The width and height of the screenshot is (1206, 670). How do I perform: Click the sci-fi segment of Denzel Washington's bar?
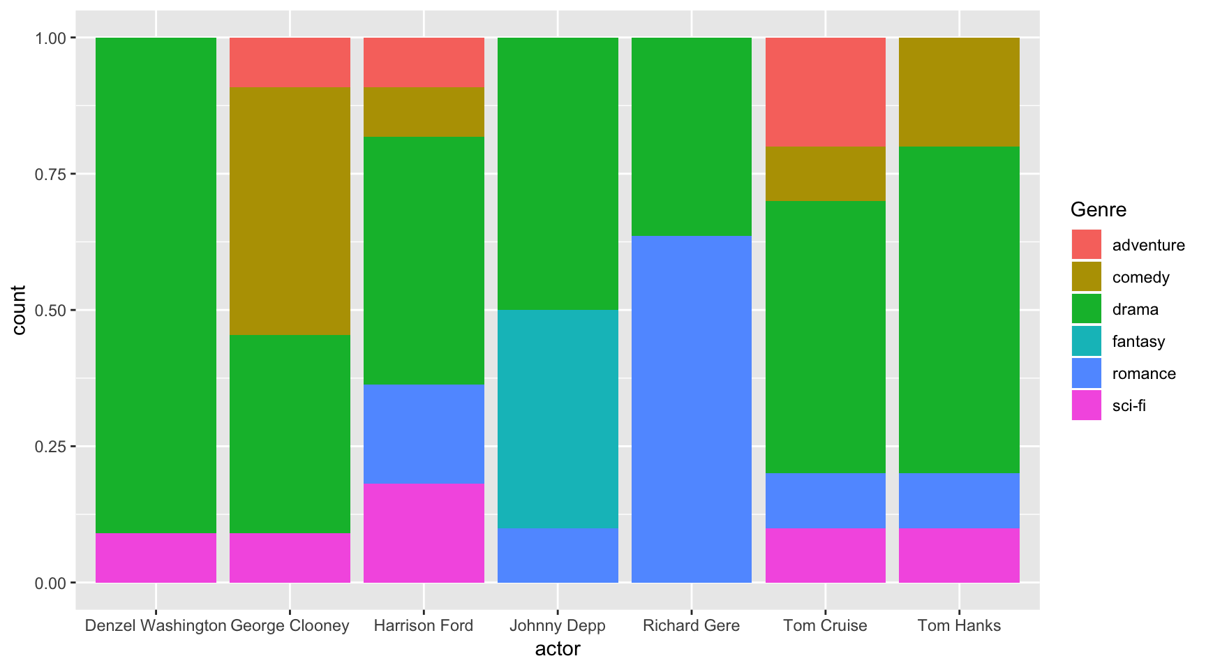coord(156,558)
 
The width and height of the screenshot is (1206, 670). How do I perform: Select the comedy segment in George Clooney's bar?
coord(290,211)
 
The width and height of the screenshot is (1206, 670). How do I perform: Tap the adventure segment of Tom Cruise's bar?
coord(826,91)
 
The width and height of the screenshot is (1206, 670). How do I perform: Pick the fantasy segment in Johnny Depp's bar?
coord(558,419)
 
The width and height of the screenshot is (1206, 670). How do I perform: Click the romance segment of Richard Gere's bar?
coord(692,409)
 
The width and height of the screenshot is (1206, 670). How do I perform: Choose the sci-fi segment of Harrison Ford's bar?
coord(424,533)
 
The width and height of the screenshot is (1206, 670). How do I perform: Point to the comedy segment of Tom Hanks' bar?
coord(959,91)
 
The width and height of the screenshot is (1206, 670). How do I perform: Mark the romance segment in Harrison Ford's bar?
coord(424,434)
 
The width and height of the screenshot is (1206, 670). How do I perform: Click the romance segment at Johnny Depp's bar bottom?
coord(558,556)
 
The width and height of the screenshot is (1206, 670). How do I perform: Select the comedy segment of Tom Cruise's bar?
coord(826,173)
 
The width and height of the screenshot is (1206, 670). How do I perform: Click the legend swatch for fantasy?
coord(1087,341)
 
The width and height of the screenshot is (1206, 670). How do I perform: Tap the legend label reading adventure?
coord(1148,245)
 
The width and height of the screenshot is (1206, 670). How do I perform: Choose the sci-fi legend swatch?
coord(1087,405)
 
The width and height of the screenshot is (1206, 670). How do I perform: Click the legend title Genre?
coord(1098,209)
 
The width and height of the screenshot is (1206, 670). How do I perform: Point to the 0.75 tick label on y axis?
coord(50,174)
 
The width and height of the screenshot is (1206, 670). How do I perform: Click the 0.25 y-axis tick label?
coord(50,447)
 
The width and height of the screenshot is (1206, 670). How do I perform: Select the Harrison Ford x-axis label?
coord(424,625)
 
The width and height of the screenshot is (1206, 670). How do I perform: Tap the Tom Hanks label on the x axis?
coord(959,625)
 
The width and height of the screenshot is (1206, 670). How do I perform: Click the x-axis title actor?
coord(558,649)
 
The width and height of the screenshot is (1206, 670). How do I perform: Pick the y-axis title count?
coord(19,310)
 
